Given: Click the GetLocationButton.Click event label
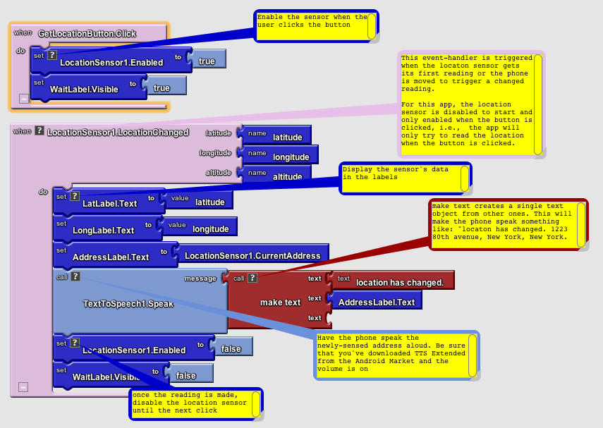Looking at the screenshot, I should pyautogui.click(x=87, y=33).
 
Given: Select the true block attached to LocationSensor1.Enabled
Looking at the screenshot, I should pyautogui.click(x=207, y=61).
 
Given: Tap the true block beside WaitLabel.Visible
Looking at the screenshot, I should pyautogui.click(x=162, y=88).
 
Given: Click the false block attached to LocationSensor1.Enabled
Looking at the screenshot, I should pyautogui.click(x=231, y=349).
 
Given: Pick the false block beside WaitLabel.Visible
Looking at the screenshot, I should pyautogui.click(x=186, y=376).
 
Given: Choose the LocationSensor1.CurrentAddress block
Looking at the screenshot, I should pyautogui.click(x=252, y=255).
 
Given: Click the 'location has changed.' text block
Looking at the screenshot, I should pyautogui.click(x=398, y=282).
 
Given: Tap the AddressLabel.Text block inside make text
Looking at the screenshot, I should pyautogui.click(x=377, y=302).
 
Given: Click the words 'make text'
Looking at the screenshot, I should pyautogui.click(x=280, y=302).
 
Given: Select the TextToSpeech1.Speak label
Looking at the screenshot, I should pyautogui.click(x=128, y=304).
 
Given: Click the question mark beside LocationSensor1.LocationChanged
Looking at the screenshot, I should pyautogui.click(x=39, y=130).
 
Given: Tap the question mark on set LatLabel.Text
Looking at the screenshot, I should pyautogui.click(x=75, y=196).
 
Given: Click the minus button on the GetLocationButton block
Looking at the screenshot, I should pyautogui.click(x=23, y=99).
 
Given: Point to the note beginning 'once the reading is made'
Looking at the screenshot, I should pyautogui.click(x=190, y=403).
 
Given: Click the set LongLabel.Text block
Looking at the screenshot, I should pyautogui.click(x=103, y=230).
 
